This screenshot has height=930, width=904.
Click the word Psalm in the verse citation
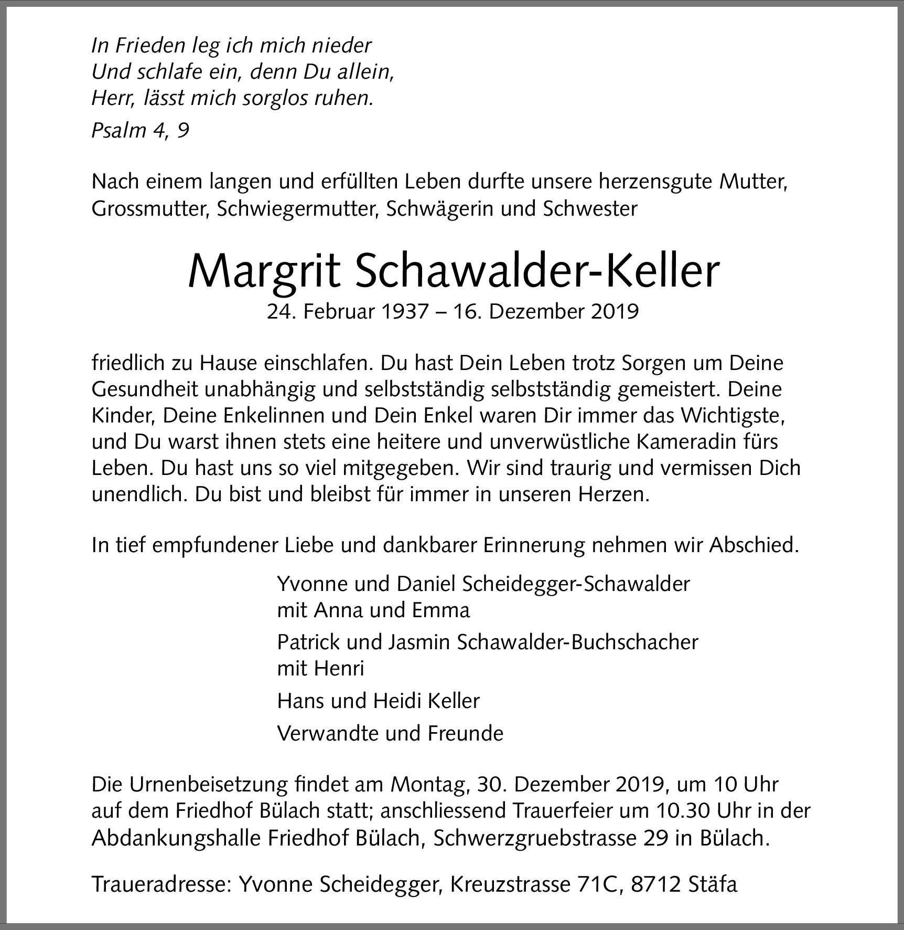click(x=119, y=131)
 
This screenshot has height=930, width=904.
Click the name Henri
click(x=340, y=669)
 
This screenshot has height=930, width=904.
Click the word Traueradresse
click(x=162, y=884)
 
